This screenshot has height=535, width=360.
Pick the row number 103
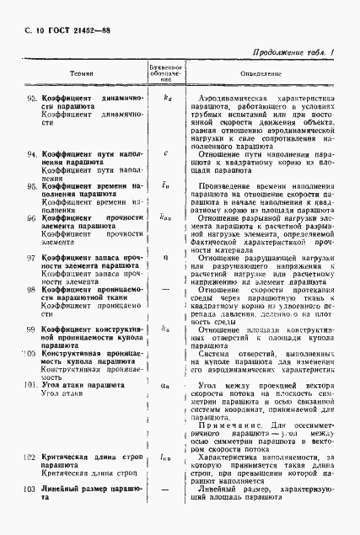31,489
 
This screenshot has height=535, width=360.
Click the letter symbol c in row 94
165,153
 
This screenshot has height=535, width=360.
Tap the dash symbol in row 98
165,289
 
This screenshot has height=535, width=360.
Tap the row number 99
32,329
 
